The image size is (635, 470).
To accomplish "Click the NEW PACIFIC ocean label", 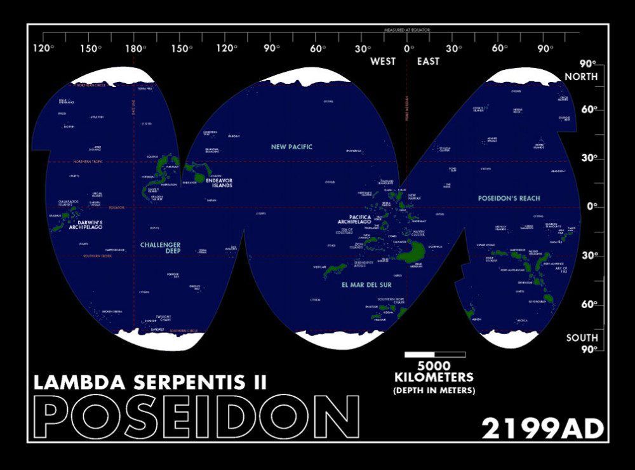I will [x=291, y=147].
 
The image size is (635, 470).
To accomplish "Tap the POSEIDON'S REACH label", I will [x=509, y=198].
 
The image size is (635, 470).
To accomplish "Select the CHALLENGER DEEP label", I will [x=160, y=248].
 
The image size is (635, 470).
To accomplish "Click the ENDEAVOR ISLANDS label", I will [x=218, y=183].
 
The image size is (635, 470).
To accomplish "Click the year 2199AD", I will [x=542, y=429].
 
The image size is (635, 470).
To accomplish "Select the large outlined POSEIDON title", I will [x=196, y=418].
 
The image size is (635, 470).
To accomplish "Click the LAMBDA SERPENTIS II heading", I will [x=150, y=382].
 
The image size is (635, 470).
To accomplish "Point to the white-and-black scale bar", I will [x=434, y=354].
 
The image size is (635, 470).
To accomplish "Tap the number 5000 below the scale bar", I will [x=434, y=366].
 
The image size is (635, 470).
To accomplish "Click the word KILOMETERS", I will [x=434, y=378].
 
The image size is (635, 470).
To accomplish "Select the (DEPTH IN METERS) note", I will [x=434, y=390].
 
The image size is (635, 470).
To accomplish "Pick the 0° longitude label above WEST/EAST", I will [x=407, y=49].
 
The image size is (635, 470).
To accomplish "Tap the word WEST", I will [x=383, y=62].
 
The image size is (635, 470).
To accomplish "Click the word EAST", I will [x=428, y=62].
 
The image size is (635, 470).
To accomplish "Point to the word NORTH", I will [x=582, y=77].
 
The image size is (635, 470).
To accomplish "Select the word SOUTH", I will [x=582, y=338].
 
